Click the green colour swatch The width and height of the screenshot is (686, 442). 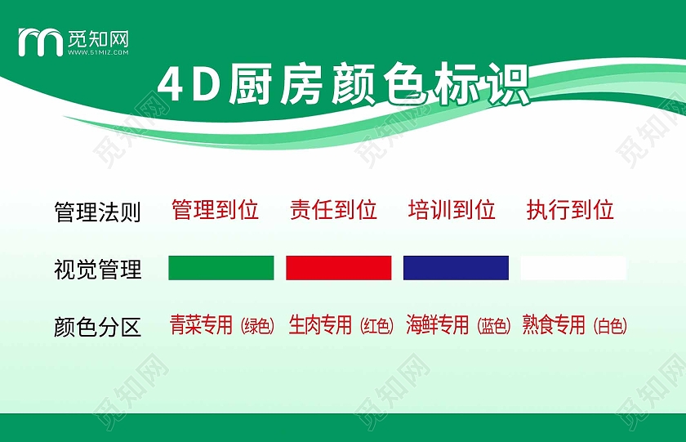click(x=220, y=268)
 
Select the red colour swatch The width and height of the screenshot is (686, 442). click(x=338, y=268)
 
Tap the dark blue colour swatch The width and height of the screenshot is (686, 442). click(x=456, y=268)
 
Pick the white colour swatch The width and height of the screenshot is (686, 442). click(x=573, y=268)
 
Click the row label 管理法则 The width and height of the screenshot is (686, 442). click(x=97, y=212)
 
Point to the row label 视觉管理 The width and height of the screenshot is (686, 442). click(x=97, y=269)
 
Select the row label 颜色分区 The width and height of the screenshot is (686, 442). click(x=97, y=328)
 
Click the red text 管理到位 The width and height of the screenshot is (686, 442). click(x=215, y=210)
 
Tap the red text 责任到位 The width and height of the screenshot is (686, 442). click(x=333, y=210)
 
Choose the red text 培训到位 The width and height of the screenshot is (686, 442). click(x=452, y=210)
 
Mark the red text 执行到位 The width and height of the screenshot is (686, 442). click(x=570, y=210)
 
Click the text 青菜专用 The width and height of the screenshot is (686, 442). click(x=202, y=325)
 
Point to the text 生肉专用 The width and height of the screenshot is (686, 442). click(x=320, y=325)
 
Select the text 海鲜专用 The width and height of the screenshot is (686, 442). click(x=438, y=325)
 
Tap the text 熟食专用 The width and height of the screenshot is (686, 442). click(x=555, y=325)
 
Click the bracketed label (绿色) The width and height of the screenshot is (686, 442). click(x=257, y=327)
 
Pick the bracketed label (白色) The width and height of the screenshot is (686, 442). click(x=610, y=327)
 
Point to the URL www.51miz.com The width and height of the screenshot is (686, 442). click(x=98, y=51)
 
